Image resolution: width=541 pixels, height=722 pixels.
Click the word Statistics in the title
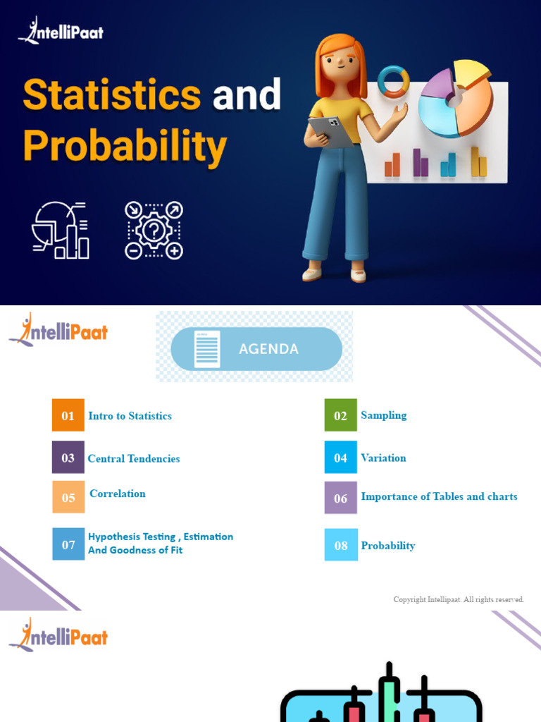112,95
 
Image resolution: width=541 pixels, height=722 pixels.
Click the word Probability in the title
125,147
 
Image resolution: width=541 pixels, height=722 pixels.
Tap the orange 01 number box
68,415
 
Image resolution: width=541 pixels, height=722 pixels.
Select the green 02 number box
340,415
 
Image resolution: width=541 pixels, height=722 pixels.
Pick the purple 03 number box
68,458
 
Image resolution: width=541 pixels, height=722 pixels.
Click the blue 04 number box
340,458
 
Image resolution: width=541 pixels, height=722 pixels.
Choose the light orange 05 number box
68,497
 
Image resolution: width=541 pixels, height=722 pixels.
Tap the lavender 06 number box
340,498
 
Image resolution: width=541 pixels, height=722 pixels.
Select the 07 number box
68,544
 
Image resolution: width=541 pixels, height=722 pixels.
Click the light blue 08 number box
341,545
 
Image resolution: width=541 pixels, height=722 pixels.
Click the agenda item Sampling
383,415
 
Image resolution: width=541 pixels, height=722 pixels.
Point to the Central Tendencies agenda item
134,458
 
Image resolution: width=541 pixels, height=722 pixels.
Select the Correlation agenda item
118,494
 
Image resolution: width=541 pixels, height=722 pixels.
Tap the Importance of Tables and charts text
439,496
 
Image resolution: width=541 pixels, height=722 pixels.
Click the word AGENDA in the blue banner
268,349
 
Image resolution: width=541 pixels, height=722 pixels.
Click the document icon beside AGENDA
207,349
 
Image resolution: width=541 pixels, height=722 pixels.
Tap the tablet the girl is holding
330,130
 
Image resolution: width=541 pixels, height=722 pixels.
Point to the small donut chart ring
393,81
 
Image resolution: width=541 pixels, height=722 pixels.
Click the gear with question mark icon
154,231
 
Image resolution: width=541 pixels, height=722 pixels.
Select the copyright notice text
459,599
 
